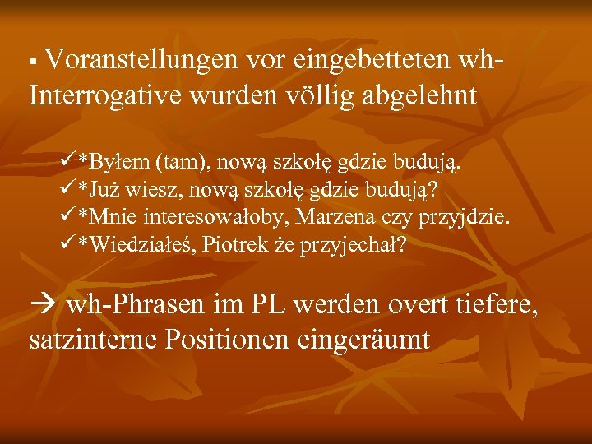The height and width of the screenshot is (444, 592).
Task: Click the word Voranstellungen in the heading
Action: [x=140, y=59]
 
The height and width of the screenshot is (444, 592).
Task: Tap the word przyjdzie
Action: [x=464, y=217]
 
